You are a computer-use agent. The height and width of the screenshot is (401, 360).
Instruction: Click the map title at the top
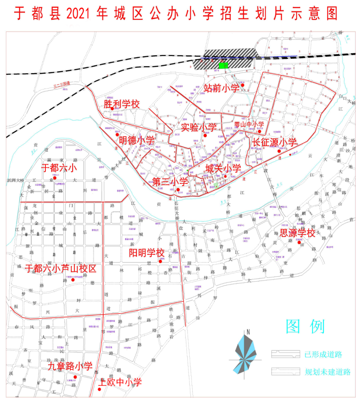(x=176, y=14)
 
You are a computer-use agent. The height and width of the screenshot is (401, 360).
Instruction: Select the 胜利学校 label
(x=122, y=104)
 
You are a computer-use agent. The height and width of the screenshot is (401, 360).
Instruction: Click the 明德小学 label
(x=136, y=140)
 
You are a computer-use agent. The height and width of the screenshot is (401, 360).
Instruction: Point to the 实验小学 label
(x=199, y=127)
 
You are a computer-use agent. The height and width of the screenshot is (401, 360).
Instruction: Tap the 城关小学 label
(x=223, y=168)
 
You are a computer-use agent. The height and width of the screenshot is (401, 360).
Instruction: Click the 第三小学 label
(x=170, y=182)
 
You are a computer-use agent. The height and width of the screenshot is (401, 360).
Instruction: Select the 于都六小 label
(x=59, y=168)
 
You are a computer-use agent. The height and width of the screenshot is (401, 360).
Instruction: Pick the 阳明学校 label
(x=146, y=253)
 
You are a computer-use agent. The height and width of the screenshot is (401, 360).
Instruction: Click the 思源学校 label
(x=297, y=233)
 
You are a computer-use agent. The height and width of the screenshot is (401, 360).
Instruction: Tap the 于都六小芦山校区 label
(x=60, y=269)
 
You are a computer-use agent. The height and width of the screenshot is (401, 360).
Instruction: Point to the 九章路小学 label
(x=70, y=366)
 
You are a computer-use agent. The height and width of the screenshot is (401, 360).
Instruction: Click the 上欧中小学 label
(x=120, y=382)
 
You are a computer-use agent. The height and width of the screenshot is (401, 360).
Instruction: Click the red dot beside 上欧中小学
(x=100, y=389)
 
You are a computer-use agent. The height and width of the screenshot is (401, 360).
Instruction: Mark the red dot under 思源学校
(x=299, y=243)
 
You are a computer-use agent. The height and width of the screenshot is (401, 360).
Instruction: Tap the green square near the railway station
(x=223, y=65)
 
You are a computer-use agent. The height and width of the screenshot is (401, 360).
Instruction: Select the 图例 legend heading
(x=305, y=326)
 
